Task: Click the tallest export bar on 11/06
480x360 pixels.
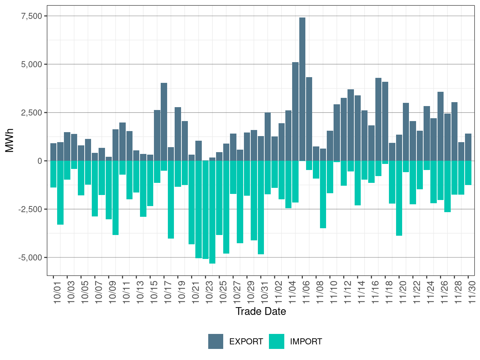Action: click(302, 89)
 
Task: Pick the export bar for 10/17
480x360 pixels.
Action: click(164, 122)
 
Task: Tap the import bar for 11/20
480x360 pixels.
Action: click(399, 198)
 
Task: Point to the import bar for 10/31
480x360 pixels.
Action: click(261, 207)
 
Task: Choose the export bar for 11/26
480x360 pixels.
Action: click(441, 126)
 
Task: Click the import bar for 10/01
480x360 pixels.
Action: click(53, 174)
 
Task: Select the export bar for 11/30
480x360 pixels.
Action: click(468, 147)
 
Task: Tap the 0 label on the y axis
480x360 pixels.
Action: click(40, 161)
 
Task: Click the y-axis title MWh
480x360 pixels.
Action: click(10, 140)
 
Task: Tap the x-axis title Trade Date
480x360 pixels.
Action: click(261, 311)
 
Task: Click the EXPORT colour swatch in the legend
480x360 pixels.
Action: click(216, 341)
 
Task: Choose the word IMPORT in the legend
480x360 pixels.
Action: click(306, 342)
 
